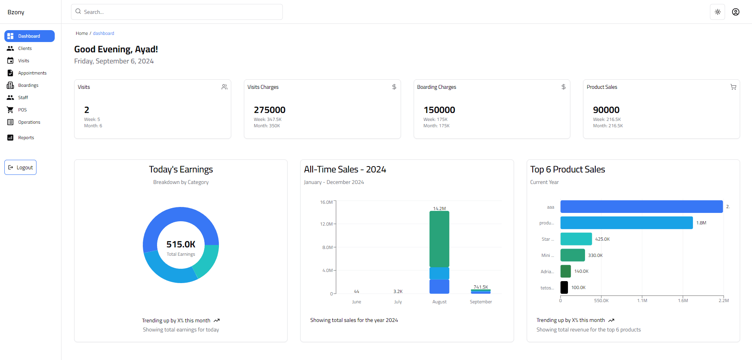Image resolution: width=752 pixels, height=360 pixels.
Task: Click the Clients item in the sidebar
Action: click(25, 48)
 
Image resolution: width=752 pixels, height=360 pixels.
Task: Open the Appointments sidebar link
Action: click(32, 73)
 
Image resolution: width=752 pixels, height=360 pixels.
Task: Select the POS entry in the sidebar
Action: click(22, 110)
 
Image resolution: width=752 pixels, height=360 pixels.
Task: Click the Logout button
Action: click(21, 167)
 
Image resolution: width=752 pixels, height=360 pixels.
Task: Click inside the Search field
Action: click(176, 12)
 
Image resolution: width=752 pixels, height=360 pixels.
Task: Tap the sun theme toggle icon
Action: click(717, 12)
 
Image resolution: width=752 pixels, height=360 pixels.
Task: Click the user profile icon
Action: click(736, 12)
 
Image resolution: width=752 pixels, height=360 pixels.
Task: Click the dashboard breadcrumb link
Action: click(104, 33)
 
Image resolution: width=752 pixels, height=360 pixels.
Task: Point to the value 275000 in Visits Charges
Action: click(269, 110)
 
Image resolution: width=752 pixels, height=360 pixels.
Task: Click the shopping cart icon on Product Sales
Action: click(733, 87)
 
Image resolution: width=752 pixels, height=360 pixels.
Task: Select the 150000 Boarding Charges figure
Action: click(439, 110)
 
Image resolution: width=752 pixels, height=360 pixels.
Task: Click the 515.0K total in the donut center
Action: click(181, 244)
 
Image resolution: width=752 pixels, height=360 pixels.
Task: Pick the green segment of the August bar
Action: click(439, 239)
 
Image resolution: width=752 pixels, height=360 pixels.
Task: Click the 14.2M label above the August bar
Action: click(439, 209)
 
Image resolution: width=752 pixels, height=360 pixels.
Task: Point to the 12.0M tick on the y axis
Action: click(326, 224)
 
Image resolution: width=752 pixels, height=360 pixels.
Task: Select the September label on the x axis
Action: click(481, 302)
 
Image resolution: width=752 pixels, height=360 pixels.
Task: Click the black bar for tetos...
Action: click(564, 287)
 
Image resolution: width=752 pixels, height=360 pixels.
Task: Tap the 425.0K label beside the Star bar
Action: click(602, 239)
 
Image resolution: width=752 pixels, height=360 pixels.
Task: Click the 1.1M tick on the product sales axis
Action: click(642, 301)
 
